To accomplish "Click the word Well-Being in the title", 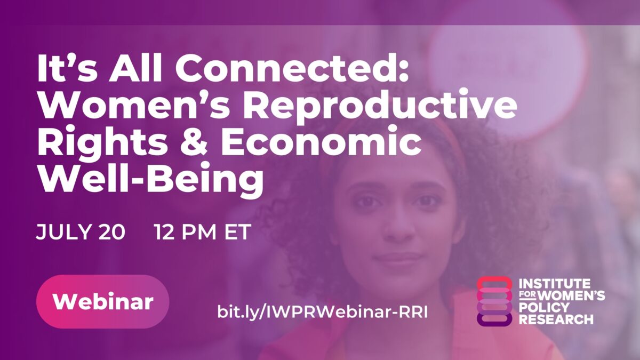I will point(150,178).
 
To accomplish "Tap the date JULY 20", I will point(81,233).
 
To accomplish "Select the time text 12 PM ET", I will point(203,233).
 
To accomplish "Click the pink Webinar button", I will point(102,302).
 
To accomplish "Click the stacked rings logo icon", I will point(494,301).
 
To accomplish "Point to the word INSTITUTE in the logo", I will point(555,283).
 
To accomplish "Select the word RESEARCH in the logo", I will point(556,320).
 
